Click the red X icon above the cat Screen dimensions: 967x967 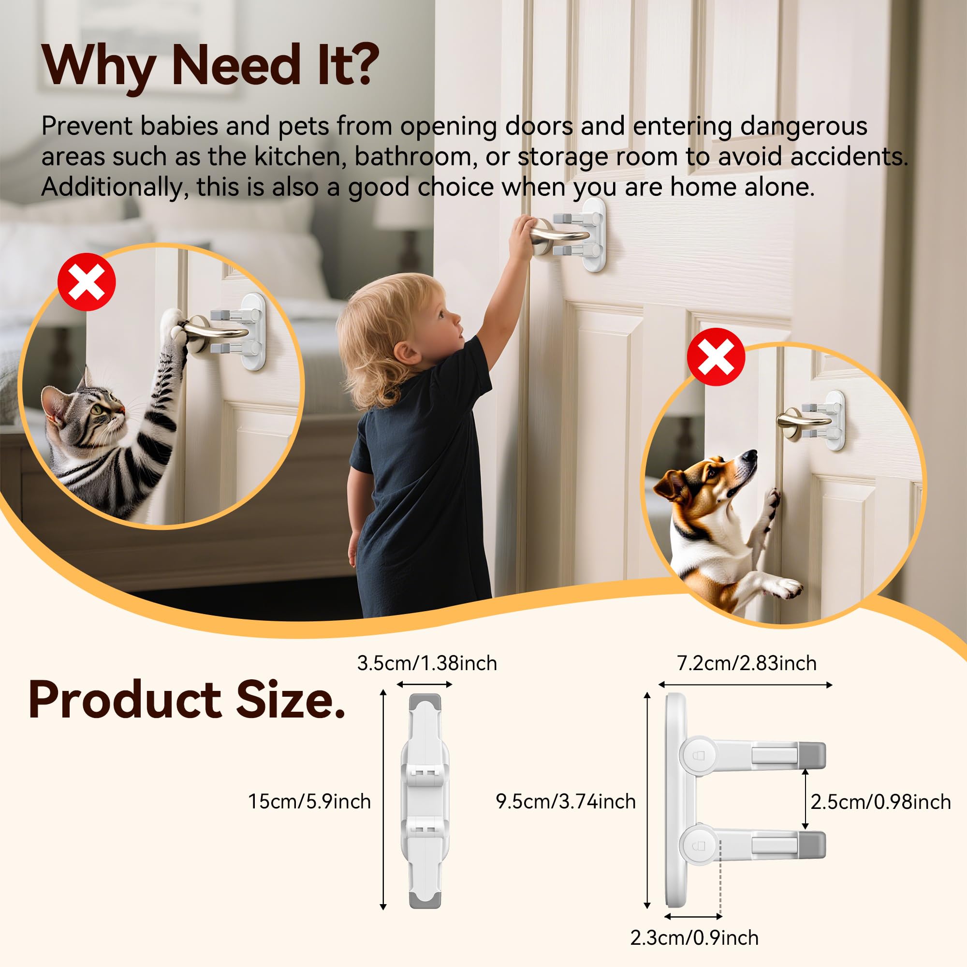coord(87,282)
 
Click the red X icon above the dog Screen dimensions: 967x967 coord(716,357)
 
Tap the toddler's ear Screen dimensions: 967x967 coord(406,352)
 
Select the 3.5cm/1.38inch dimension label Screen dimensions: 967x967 coord(427,664)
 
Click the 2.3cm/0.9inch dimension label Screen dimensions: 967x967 coord(694,938)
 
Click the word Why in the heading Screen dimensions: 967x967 coord(98,65)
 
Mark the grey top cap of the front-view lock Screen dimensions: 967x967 coord(425,702)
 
